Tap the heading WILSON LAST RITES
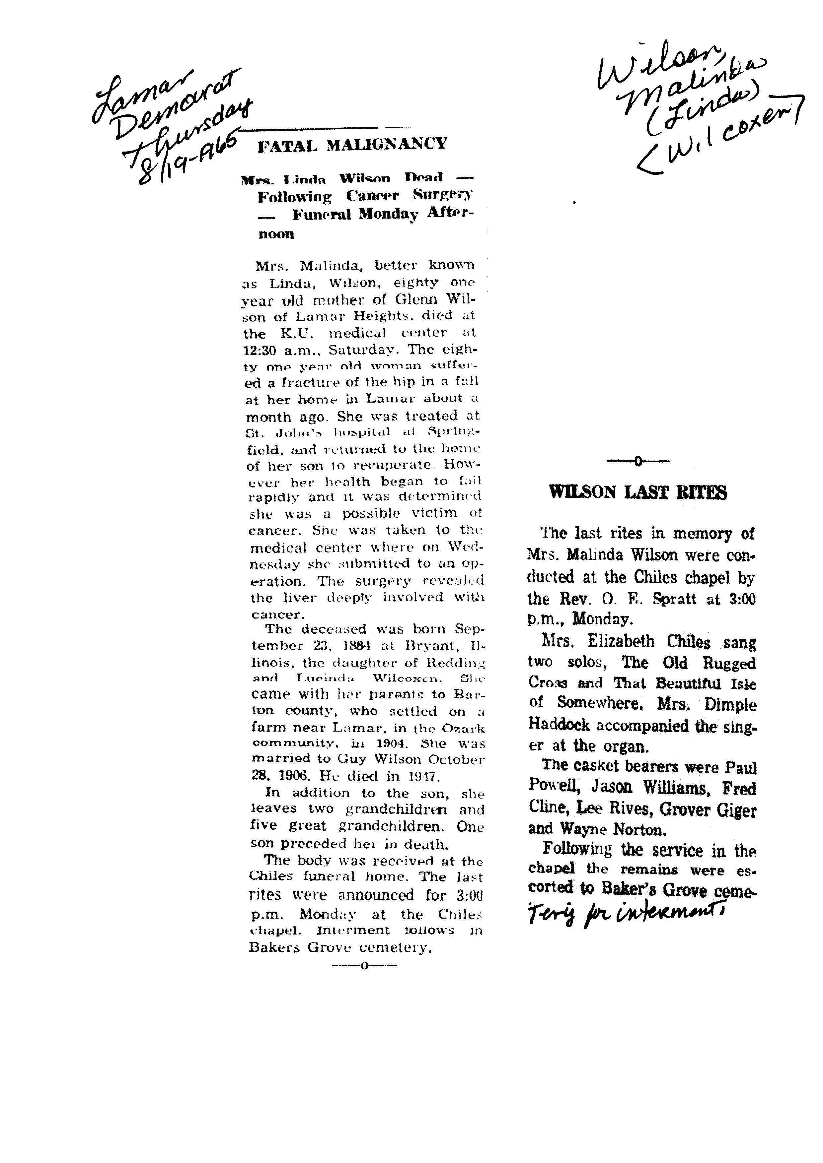pos(638,492)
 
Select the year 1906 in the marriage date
pos(296,776)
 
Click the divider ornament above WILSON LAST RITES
pos(638,461)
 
